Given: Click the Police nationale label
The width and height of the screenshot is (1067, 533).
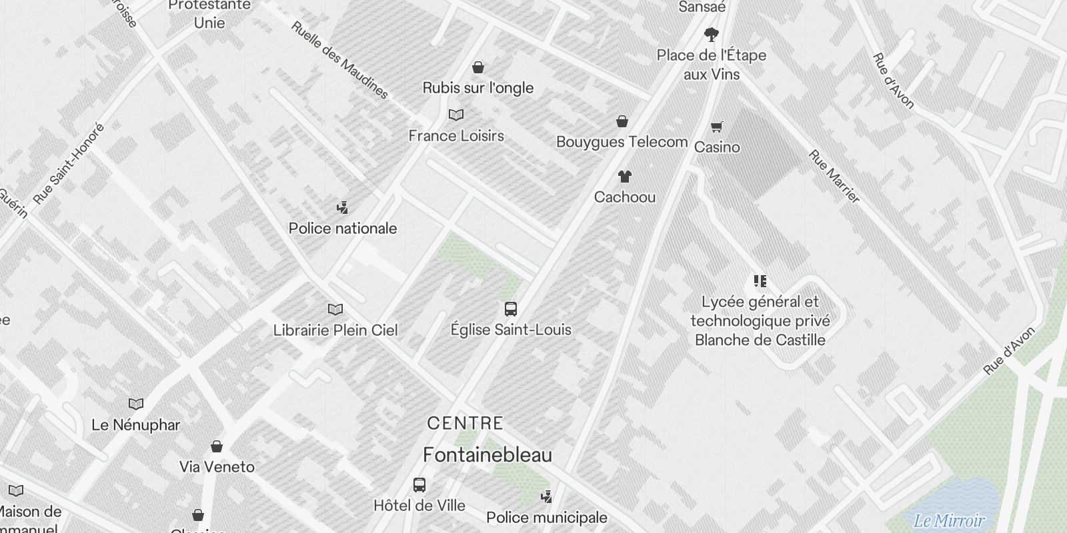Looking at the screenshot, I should [343, 229].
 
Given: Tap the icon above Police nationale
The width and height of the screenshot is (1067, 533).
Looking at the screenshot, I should [343, 208].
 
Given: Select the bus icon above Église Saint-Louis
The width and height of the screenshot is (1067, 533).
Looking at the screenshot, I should [511, 309].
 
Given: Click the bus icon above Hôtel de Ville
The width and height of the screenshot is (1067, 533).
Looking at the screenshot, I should [419, 485].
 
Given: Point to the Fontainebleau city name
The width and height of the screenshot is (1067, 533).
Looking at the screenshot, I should [487, 455].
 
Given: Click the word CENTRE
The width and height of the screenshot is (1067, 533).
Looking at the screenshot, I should [465, 423].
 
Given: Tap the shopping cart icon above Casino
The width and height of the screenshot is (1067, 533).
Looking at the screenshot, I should [717, 127].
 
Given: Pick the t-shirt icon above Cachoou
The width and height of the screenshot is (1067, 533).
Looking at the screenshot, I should [624, 177].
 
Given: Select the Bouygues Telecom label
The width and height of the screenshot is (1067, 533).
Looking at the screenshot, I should [622, 142].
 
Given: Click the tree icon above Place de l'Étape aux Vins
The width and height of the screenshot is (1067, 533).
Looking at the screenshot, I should [712, 34].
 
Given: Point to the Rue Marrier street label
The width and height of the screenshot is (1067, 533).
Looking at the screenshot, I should [834, 177].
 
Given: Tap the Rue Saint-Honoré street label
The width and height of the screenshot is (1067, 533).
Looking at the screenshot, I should [69, 163].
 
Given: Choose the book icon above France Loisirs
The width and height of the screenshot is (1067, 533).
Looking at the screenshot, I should [456, 115].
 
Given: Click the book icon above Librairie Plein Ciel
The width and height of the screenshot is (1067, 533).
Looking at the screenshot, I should [335, 310].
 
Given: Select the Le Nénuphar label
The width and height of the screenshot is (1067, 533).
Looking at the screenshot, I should [135, 425].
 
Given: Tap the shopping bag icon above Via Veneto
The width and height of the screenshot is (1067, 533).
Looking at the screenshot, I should [217, 446].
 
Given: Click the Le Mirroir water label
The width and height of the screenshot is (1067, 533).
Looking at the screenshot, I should [949, 521].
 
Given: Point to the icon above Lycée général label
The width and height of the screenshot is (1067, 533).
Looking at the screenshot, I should [760, 281].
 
